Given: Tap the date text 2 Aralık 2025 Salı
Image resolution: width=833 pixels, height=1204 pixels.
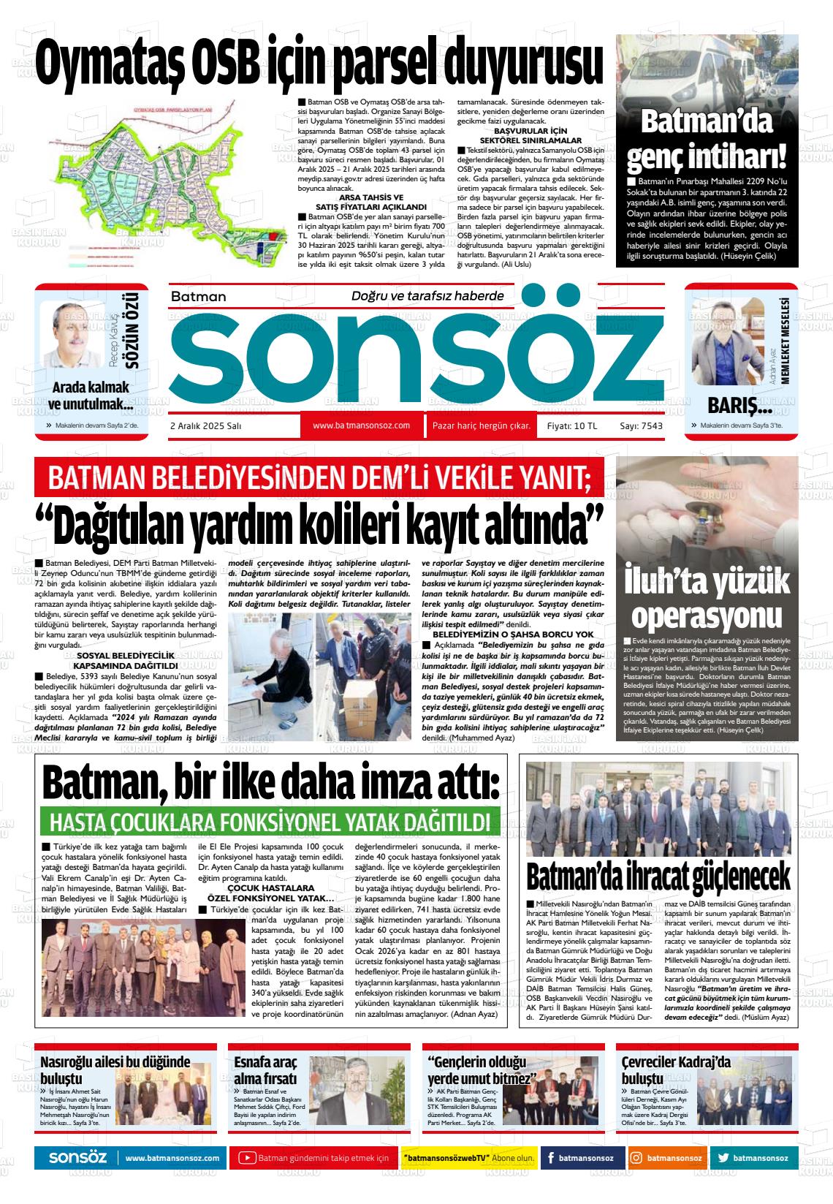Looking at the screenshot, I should point(205,426).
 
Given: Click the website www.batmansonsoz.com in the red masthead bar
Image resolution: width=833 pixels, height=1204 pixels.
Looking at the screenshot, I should point(361,425).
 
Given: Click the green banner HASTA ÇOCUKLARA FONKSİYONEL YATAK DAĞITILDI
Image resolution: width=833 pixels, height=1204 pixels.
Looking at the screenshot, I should point(270,821).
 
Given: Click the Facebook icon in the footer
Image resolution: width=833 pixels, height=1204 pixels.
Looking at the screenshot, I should point(549,1159).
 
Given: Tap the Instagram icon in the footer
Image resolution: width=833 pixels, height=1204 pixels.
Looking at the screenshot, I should point(636,1159).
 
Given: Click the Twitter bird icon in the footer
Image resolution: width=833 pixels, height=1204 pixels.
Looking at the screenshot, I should point(723,1159).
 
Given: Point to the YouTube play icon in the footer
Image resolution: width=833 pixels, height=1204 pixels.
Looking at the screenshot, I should point(248,1159).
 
